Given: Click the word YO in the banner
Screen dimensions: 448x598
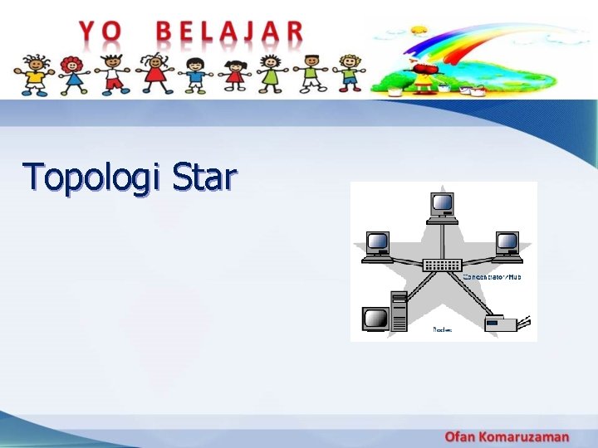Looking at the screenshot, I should tap(100, 32).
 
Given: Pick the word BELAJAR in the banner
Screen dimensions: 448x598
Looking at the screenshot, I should tap(230, 32).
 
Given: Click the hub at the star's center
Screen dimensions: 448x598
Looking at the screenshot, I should tap(442, 265).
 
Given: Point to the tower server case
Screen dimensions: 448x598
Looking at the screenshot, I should tap(399, 311).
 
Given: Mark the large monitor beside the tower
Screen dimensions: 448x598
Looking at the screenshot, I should tap(375, 319).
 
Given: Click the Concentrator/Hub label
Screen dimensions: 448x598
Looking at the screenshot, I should tap(491, 276).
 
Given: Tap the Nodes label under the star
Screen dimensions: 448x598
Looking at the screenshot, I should tap(442, 329).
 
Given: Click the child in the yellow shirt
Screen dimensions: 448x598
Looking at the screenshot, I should tap(35, 74).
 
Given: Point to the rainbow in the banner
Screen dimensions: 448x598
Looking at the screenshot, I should tap(465, 41).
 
